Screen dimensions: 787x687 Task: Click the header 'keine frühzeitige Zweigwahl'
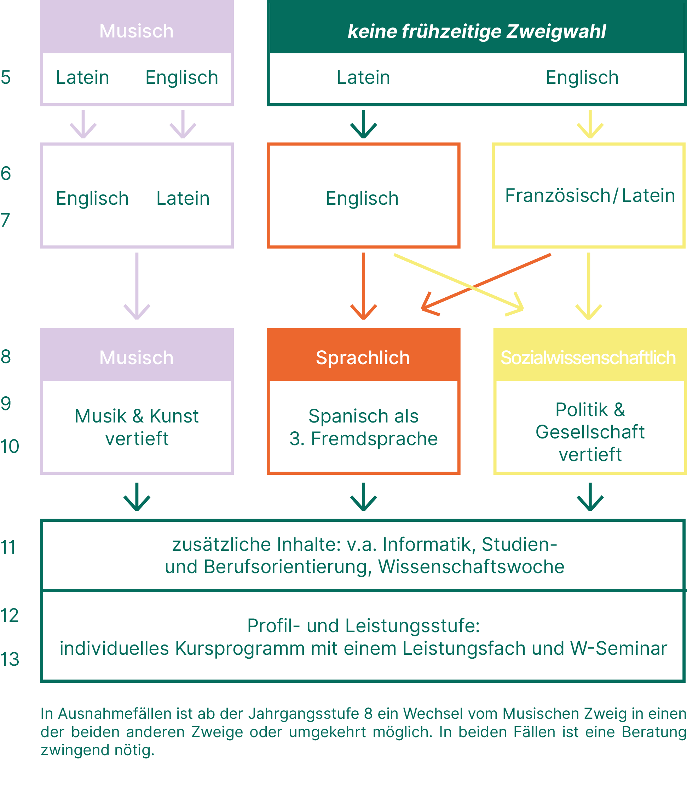(x=477, y=31)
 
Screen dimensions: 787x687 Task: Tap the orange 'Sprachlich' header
(x=363, y=357)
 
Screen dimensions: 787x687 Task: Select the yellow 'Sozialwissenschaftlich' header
(x=588, y=357)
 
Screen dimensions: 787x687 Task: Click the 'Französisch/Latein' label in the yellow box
(x=590, y=196)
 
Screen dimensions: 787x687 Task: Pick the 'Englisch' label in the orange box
(x=362, y=198)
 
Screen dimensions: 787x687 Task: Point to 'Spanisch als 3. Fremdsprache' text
(x=363, y=427)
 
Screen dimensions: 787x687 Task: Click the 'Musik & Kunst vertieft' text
(x=137, y=427)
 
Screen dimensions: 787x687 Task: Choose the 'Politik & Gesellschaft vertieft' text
(x=590, y=432)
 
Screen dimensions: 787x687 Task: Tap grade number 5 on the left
(x=6, y=77)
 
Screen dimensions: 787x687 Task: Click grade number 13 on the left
(x=10, y=659)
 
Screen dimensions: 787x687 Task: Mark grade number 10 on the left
(x=10, y=447)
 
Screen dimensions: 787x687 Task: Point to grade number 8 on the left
(x=6, y=357)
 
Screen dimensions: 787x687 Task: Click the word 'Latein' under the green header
(x=363, y=77)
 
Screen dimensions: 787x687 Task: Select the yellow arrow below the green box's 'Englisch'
(x=590, y=124)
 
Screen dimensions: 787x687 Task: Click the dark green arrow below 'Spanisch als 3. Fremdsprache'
(x=363, y=497)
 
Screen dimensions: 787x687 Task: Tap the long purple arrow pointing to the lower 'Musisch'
(x=137, y=285)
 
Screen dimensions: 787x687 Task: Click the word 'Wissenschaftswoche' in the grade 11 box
(x=471, y=567)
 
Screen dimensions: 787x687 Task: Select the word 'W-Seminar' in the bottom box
(x=619, y=649)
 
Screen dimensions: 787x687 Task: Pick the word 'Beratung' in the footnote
(x=654, y=732)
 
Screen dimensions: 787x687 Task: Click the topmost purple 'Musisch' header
(x=137, y=31)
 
